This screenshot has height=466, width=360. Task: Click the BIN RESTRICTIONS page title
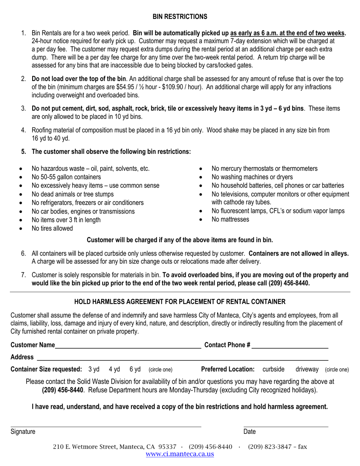coord(180,17)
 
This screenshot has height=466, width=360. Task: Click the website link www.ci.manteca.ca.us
coord(180,454)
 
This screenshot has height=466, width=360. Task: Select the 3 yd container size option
coord(94,369)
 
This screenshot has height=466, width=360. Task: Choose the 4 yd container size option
coord(114,369)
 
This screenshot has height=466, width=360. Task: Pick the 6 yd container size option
coord(135,369)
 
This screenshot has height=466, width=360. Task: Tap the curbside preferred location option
coord(273,369)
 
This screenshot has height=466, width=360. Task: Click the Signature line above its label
coord(106,426)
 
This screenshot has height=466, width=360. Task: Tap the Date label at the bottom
coord(249,432)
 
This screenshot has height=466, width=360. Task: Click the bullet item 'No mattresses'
coord(230,219)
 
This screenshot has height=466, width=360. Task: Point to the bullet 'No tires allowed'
coord(52,228)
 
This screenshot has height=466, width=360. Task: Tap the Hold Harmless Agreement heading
coord(180,302)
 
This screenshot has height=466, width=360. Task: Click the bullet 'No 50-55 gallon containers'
coord(66,177)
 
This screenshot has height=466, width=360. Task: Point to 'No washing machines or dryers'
coord(252,177)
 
